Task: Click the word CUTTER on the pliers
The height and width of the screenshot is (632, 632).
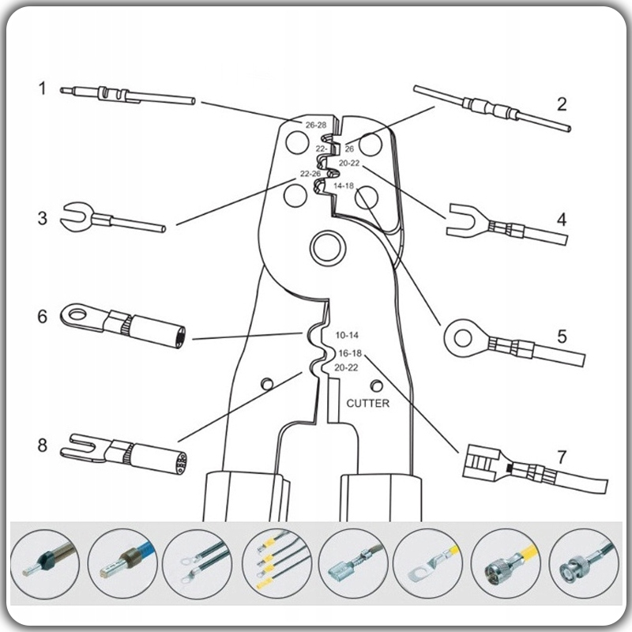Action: pyautogui.click(x=367, y=403)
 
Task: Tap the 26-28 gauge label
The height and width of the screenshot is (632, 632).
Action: pyautogui.click(x=316, y=125)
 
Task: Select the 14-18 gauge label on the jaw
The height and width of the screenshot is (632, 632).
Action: pyautogui.click(x=344, y=186)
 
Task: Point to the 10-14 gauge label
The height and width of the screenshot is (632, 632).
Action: pyautogui.click(x=346, y=335)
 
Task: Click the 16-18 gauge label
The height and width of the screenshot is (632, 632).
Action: pyautogui.click(x=349, y=352)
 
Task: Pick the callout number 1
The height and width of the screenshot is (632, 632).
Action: pyautogui.click(x=43, y=88)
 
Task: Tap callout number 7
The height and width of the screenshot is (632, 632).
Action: pyautogui.click(x=562, y=457)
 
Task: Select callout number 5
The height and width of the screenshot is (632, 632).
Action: pyautogui.click(x=562, y=336)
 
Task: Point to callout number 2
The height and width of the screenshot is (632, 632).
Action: pyautogui.click(x=562, y=103)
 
